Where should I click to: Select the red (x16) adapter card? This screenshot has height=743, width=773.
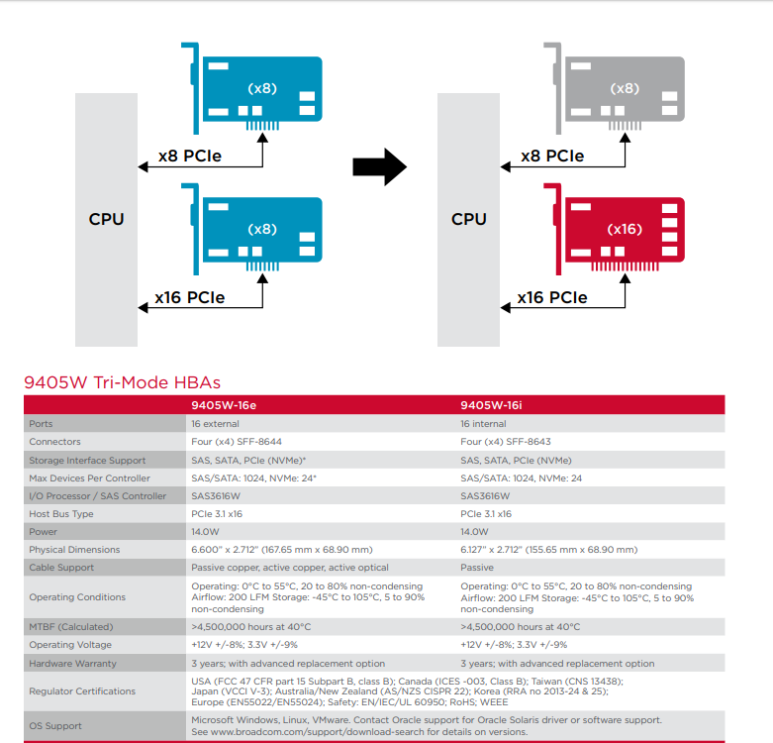point(624,229)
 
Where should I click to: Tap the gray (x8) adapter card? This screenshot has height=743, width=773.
point(624,89)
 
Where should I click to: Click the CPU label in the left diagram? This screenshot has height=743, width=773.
point(107,218)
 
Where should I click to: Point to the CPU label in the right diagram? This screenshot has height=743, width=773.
point(469,218)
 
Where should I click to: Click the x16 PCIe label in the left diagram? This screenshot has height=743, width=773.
point(190,297)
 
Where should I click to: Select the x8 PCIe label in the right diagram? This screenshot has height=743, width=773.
point(552,156)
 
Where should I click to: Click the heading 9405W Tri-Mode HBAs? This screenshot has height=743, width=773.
point(121,382)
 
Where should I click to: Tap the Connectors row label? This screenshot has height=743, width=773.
point(55,442)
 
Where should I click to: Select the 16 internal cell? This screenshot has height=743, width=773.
point(488,423)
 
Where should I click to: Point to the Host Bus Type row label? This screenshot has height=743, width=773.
point(61,514)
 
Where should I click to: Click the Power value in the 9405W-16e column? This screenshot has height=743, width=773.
point(205,532)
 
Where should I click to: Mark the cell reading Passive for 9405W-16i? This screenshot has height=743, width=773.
point(478,568)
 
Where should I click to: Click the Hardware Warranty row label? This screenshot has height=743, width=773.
point(72,664)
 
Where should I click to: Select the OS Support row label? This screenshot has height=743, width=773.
point(55,726)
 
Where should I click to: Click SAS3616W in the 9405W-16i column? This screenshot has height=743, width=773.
point(485,496)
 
